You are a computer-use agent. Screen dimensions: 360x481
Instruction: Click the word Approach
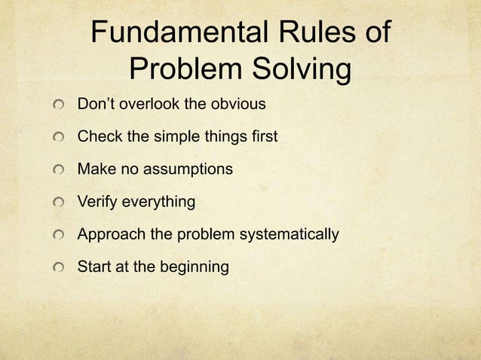point(111,235)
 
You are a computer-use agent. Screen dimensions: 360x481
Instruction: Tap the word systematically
point(290,235)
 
